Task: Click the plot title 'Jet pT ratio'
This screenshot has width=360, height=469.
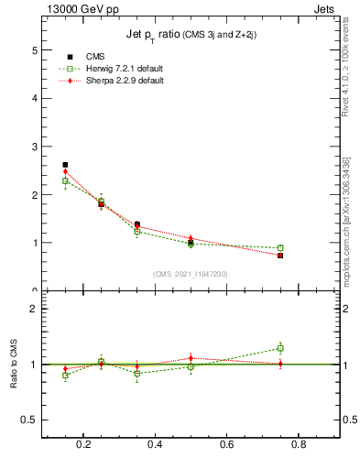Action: [157, 35]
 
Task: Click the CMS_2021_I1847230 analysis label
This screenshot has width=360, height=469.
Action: [191, 274]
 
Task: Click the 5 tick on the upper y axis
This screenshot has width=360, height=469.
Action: [35, 49]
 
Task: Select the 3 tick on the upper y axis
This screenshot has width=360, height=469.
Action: [35, 147]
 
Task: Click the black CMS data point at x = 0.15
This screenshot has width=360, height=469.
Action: [65, 165]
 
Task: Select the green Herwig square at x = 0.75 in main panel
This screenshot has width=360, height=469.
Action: [280, 248]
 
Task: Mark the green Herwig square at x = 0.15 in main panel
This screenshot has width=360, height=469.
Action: [65, 180]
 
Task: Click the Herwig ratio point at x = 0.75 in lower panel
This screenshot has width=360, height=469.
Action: [280, 348]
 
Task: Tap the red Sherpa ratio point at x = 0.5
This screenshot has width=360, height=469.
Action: [191, 357]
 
